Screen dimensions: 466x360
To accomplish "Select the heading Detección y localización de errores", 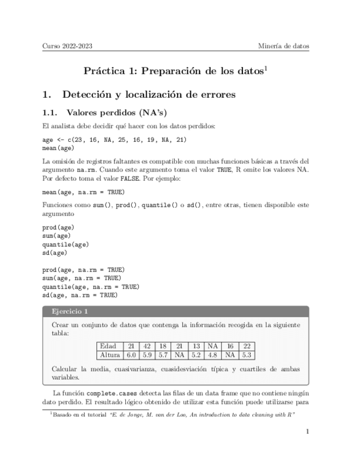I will [149, 95].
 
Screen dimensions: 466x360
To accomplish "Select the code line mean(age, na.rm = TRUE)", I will [84, 192].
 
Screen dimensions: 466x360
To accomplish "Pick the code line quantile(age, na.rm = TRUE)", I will [91, 287].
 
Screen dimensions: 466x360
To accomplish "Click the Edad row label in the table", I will [108, 346].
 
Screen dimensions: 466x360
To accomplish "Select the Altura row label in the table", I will [110, 355].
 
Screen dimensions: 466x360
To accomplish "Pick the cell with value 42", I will [147, 346].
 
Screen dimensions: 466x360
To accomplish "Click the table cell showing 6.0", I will [131, 355].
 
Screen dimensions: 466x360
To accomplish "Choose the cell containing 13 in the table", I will [196, 346].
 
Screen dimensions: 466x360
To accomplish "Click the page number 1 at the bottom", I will [307, 432].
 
